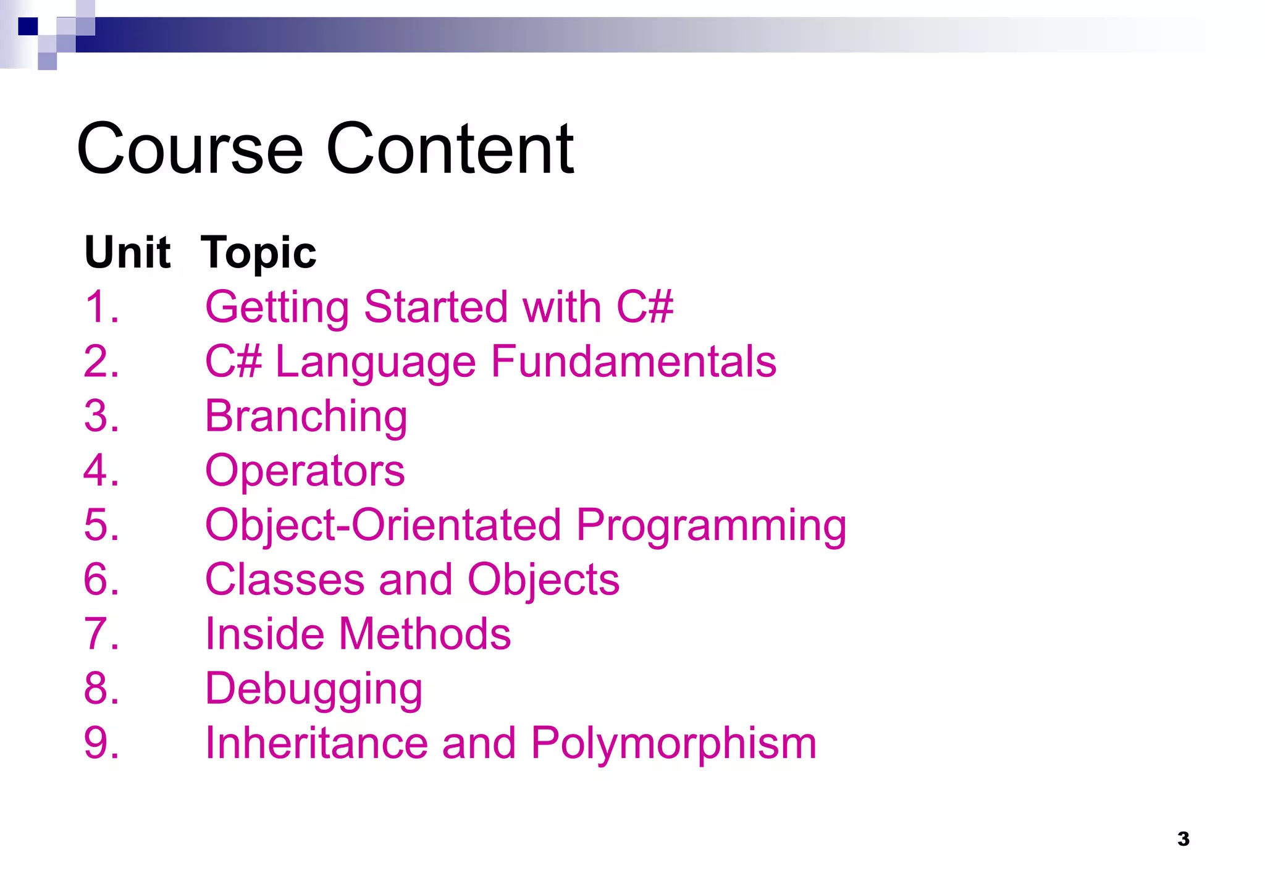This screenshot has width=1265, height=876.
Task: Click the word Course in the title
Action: [190, 149]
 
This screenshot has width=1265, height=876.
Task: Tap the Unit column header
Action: [127, 253]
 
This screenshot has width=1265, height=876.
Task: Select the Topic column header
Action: [258, 253]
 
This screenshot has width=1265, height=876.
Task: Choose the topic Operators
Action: [305, 471]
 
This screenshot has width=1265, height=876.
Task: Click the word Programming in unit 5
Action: [711, 525]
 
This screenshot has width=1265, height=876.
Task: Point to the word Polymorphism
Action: [673, 743]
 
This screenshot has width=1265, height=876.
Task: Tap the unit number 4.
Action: [101, 471]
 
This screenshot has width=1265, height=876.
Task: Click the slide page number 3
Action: [1183, 839]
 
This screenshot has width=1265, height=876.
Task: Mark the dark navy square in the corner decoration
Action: [28, 27]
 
